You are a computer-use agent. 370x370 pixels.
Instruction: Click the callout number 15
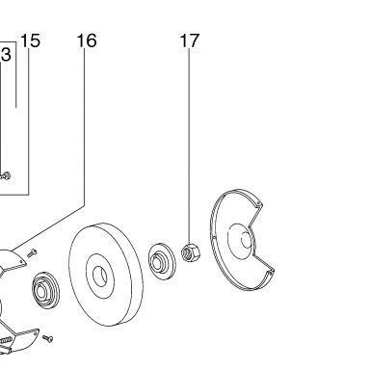point(30,40)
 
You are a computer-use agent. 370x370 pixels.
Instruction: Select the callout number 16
point(87,40)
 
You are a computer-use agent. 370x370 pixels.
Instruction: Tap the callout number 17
point(190,40)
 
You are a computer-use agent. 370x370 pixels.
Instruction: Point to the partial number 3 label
point(6,55)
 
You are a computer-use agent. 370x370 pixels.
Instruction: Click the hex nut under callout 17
point(191,252)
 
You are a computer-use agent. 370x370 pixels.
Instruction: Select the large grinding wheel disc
point(105,275)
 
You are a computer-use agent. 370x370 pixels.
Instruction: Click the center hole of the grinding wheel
point(100,277)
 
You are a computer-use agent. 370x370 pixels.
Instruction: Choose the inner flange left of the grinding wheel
point(45,291)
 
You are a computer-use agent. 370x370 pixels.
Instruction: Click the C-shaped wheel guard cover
point(225,257)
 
